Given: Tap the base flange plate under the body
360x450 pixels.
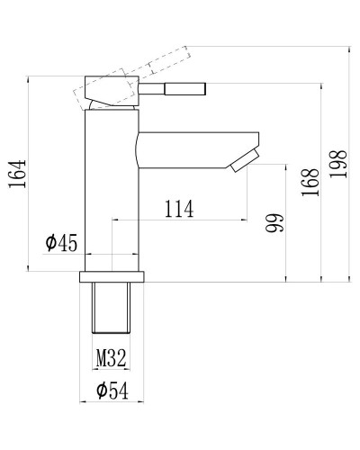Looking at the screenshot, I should pyautogui.click(x=112, y=274).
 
